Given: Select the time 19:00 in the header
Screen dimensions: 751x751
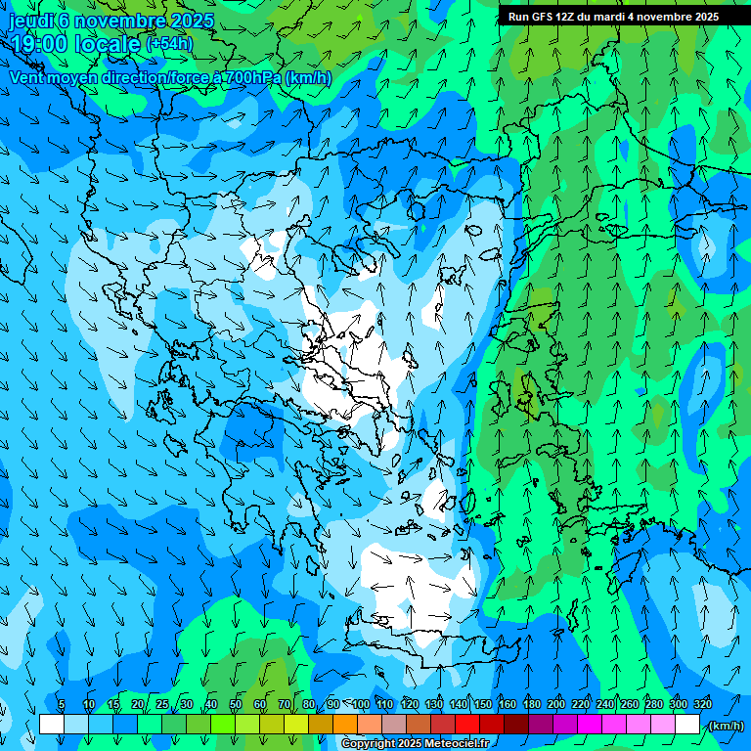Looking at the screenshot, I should point(39,44).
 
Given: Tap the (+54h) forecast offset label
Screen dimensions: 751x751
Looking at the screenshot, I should point(169,44).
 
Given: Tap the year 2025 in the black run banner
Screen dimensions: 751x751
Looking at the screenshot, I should point(702,17).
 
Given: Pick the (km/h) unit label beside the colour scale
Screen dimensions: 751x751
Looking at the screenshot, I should point(726,726).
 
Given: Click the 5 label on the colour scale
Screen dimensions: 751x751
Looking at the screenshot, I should point(62,704).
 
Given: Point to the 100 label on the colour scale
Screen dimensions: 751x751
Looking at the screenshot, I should point(361,704).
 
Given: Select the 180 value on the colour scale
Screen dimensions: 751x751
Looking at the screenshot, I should point(532,704).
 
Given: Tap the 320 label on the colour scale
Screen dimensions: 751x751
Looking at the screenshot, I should point(703,704).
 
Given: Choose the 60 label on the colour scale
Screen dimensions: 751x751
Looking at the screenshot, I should point(259,704).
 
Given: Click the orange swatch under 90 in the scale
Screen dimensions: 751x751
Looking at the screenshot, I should point(345,725).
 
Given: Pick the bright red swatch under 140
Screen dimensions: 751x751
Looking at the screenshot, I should point(467,725).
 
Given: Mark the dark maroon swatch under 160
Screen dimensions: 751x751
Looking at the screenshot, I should point(516,725).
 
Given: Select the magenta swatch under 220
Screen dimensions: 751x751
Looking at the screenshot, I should point(590,725).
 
